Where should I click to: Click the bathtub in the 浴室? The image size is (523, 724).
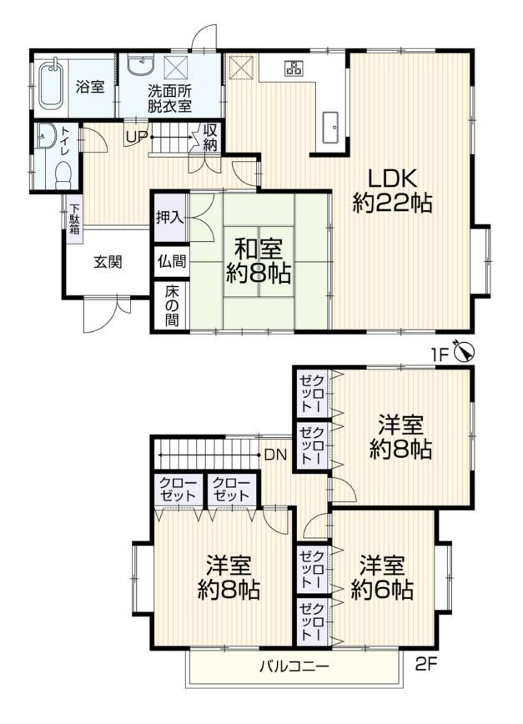53,86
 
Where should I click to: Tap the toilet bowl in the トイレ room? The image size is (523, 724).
62,175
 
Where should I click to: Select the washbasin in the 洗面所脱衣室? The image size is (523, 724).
139,66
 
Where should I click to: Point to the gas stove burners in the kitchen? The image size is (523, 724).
294,68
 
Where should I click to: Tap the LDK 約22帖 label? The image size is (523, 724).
392,190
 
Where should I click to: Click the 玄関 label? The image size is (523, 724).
108,262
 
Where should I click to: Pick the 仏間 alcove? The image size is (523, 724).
171,261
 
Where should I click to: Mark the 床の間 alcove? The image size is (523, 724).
171,305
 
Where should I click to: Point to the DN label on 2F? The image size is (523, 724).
275,455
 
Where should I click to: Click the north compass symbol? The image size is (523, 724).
465,352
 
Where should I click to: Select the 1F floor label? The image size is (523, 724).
440,355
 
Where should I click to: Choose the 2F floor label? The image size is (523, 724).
426,665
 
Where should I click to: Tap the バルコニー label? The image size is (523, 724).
294,666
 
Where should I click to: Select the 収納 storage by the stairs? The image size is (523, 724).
209,137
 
